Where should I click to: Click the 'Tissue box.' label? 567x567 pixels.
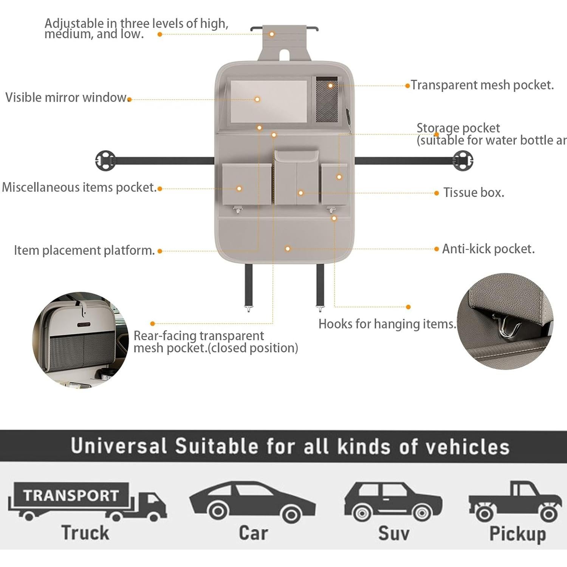(x=474, y=192)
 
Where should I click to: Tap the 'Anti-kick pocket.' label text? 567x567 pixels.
(x=488, y=249)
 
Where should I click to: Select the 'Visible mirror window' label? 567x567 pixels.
(x=67, y=98)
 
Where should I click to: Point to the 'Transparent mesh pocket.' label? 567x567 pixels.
(x=482, y=85)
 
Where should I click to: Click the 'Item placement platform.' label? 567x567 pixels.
(x=84, y=250)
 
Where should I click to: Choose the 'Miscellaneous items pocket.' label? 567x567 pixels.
(x=79, y=187)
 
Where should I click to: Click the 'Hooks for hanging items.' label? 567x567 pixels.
(x=387, y=324)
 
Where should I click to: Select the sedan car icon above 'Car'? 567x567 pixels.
(x=252, y=501)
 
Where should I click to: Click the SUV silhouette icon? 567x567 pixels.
(x=393, y=501)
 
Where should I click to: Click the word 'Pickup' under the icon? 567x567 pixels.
(x=517, y=534)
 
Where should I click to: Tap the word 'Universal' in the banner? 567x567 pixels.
(x=118, y=446)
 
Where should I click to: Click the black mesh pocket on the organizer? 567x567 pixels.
(x=327, y=100)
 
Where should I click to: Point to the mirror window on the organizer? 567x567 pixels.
(x=268, y=101)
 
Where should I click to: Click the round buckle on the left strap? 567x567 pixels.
(x=105, y=161)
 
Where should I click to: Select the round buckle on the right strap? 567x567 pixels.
(x=463, y=161)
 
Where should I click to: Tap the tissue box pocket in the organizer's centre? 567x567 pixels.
(x=296, y=178)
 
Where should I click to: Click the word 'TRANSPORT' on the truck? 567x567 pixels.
(x=71, y=495)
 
